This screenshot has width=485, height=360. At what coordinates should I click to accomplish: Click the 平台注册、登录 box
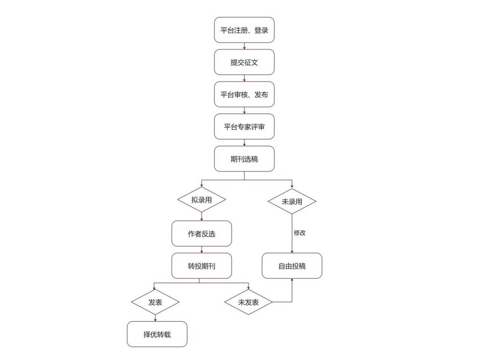click(x=244, y=30)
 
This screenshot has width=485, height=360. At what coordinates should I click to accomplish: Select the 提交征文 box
click(x=244, y=62)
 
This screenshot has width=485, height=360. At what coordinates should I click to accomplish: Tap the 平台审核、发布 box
click(x=244, y=94)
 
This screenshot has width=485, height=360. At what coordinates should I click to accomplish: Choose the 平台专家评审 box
click(x=244, y=126)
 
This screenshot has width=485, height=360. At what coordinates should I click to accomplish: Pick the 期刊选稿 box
click(x=244, y=159)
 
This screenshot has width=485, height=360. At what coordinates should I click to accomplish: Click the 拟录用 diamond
click(x=201, y=200)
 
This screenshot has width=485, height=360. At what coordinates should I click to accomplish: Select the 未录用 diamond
click(x=292, y=201)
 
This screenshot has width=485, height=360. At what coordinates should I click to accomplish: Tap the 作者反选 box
click(x=201, y=233)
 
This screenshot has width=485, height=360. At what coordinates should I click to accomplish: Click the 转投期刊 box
click(x=201, y=266)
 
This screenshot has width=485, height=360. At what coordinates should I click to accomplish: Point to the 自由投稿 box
click(x=292, y=266)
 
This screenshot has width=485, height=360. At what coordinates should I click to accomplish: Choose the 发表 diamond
click(x=155, y=302)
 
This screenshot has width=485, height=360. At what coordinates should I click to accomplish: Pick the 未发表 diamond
click(x=248, y=302)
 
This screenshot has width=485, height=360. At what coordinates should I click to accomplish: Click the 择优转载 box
click(x=157, y=334)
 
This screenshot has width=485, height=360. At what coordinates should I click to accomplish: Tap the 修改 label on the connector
click(x=299, y=232)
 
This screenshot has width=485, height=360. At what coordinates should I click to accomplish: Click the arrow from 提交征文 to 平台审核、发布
click(x=244, y=78)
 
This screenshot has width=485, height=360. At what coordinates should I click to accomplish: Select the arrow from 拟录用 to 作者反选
click(x=202, y=216)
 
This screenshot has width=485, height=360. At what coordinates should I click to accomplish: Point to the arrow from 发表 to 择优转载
click(x=155, y=318)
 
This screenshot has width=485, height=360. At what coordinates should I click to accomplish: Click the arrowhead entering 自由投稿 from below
click(x=292, y=280)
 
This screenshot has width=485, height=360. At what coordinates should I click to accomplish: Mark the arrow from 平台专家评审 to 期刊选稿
click(x=244, y=143)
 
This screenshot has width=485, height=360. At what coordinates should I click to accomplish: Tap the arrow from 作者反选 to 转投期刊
click(x=202, y=250)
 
